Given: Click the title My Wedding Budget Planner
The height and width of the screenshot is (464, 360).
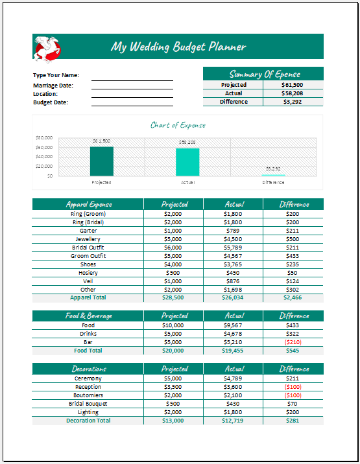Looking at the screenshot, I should [178, 47].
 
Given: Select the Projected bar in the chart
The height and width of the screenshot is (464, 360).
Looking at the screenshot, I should [101, 161].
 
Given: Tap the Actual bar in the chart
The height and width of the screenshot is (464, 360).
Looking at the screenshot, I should [187, 162].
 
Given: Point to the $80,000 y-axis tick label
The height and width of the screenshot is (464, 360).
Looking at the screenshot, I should [43, 138].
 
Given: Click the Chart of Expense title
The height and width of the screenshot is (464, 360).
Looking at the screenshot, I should [178, 125].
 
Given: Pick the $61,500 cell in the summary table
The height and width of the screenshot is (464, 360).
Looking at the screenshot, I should [293, 85].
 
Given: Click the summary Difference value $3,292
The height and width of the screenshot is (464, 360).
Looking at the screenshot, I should [293, 102].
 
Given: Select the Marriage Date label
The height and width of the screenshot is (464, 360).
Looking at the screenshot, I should [53, 86].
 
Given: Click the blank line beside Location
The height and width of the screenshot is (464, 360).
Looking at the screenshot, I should [132, 95].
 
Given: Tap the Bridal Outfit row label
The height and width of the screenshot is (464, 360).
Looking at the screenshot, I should [88, 248].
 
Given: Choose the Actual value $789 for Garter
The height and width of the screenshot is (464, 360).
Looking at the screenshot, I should [233, 231].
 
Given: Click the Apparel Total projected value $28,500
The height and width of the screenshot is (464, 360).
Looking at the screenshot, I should [173, 297].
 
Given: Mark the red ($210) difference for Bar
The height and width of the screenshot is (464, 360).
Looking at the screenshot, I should [293, 342].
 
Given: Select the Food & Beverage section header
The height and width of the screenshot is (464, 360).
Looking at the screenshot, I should [88, 316].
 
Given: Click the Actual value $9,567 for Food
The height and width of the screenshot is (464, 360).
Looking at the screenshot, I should [233, 325].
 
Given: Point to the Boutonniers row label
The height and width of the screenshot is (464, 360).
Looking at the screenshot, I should [88, 395].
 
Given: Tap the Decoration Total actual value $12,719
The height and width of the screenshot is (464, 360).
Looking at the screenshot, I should [233, 421].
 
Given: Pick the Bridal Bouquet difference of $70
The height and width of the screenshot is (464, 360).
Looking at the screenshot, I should [293, 404].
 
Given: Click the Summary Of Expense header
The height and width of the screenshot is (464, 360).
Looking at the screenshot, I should [263, 74].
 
